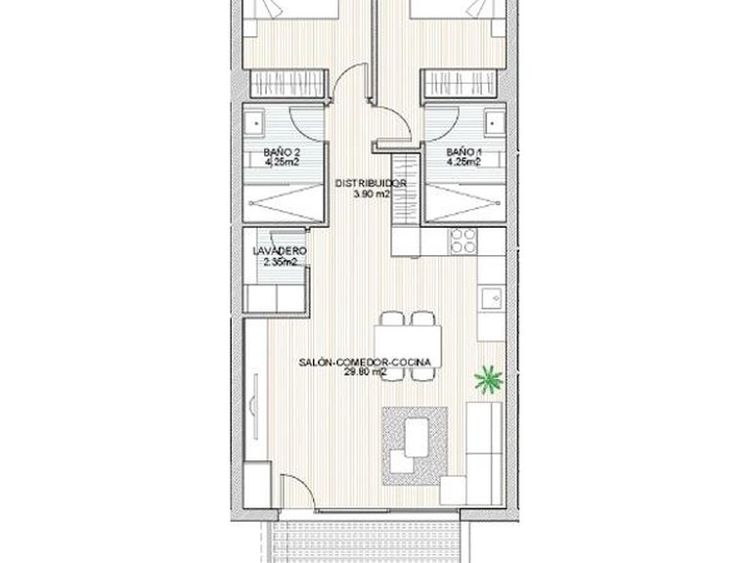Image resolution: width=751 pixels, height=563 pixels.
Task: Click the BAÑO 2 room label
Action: tap(282, 153)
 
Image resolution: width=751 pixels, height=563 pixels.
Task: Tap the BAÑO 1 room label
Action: tap(464, 153)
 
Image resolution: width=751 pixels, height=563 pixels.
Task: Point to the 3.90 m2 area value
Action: tap(371, 194)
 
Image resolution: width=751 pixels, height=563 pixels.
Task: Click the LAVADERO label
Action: tap(281, 251)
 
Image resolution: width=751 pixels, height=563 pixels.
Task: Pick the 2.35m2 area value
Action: tap(280, 262)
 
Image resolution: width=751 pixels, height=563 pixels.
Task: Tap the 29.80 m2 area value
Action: tap(360, 373)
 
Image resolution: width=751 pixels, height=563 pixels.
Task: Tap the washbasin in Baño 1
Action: tap(491, 123)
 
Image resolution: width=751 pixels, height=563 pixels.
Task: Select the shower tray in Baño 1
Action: tap(464, 203)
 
